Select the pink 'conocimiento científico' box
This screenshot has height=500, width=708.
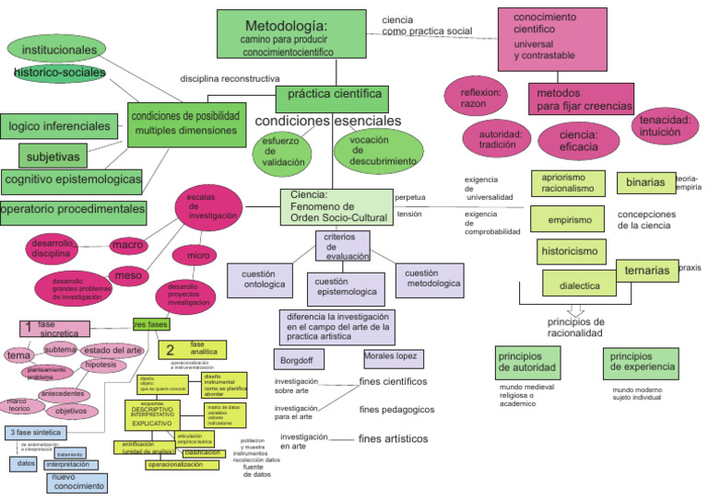[x=551, y=40]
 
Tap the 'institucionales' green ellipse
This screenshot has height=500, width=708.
[x=59, y=50]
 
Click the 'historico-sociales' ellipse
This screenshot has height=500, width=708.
[x=59, y=73]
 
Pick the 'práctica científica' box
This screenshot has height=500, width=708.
[x=334, y=95]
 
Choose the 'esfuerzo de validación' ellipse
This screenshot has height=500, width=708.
[x=283, y=150]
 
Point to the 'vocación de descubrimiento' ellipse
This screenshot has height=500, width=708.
[x=378, y=150]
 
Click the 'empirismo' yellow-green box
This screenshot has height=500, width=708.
[x=569, y=220]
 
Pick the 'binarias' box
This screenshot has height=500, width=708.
[x=644, y=182]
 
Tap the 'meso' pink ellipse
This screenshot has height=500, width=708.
[x=131, y=274]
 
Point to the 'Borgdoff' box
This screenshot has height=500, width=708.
[x=300, y=358]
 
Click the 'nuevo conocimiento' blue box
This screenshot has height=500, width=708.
[x=77, y=482]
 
